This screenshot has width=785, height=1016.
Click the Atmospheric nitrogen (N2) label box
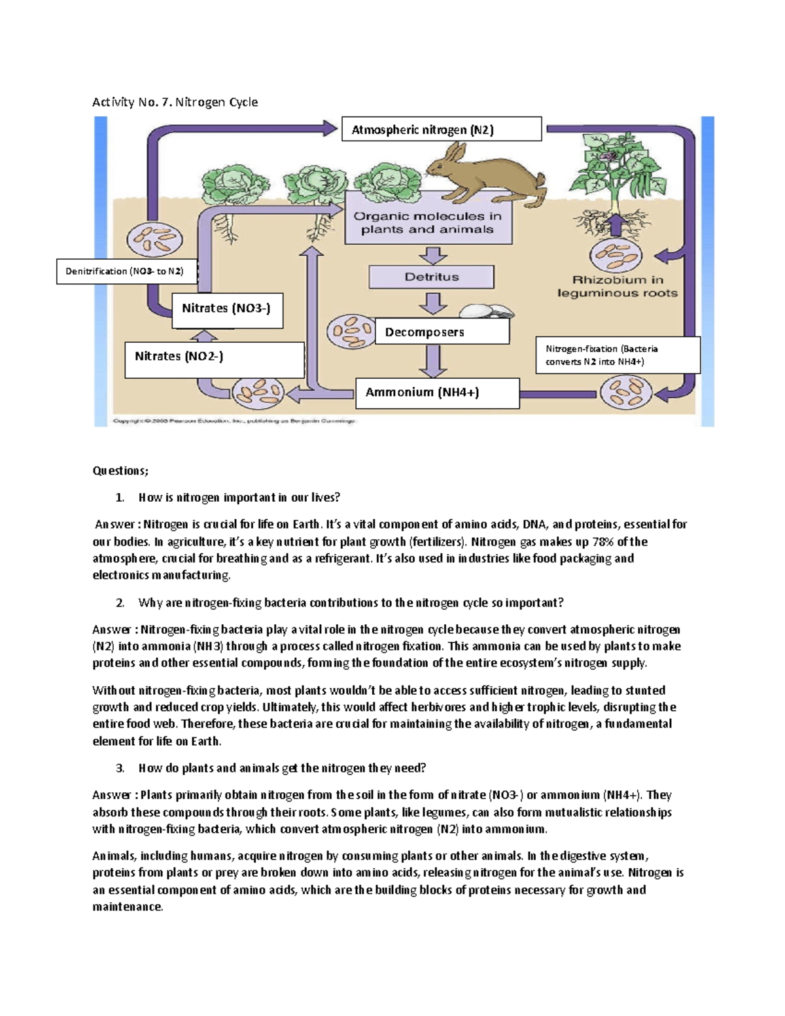click(x=441, y=129)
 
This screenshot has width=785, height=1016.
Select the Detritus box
click(x=431, y=277)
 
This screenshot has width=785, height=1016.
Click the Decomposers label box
click(x=442, y=332)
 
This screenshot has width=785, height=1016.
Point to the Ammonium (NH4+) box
click(x=437, y=393)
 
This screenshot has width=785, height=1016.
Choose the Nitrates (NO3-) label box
click(x=227, y=309)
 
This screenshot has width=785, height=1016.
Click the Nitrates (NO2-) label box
click(x=214, y=360)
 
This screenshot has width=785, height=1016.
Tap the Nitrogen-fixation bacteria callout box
click(x=617, y=355)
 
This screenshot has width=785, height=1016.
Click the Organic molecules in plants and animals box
click(x=428, y=223)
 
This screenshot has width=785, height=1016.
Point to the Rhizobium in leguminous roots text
click(x=617, y=287)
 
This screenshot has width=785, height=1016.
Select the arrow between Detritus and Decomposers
click(x=432, y=304)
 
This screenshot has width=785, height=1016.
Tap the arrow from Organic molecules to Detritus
click(x=432, y=255)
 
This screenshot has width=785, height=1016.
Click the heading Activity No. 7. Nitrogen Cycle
click(x=175, y=102)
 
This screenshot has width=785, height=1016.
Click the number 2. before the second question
click(x=120, y=603)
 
